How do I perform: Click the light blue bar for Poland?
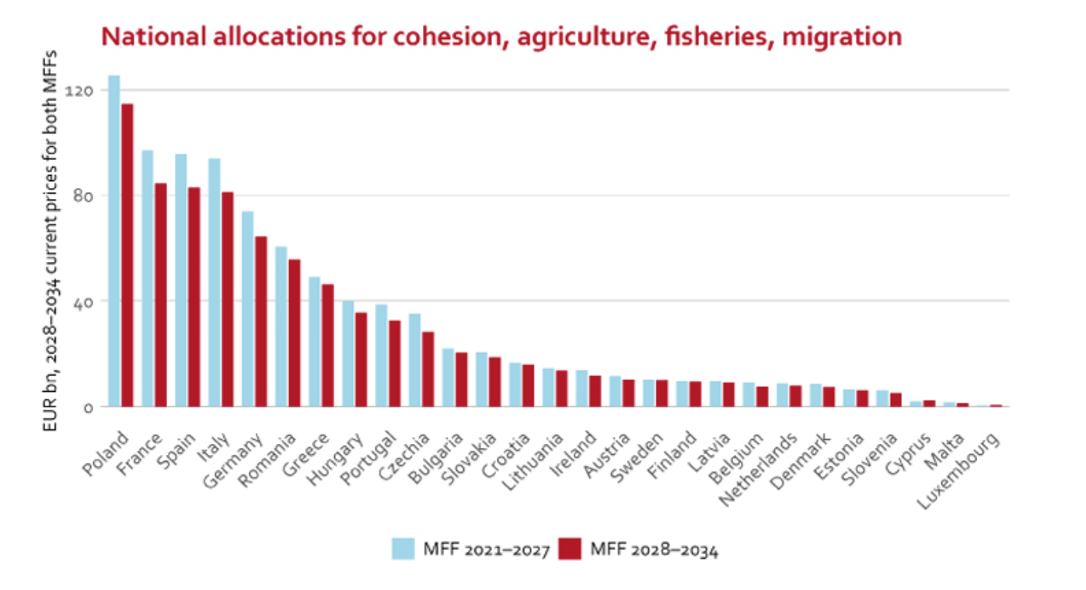113,241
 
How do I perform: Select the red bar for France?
160,295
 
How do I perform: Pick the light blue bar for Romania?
281,326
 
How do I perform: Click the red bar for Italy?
227,299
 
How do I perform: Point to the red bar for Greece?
327,345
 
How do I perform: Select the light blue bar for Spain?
180,280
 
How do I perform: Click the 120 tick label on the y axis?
80,91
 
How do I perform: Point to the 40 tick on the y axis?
82,302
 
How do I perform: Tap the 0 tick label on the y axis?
88,407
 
